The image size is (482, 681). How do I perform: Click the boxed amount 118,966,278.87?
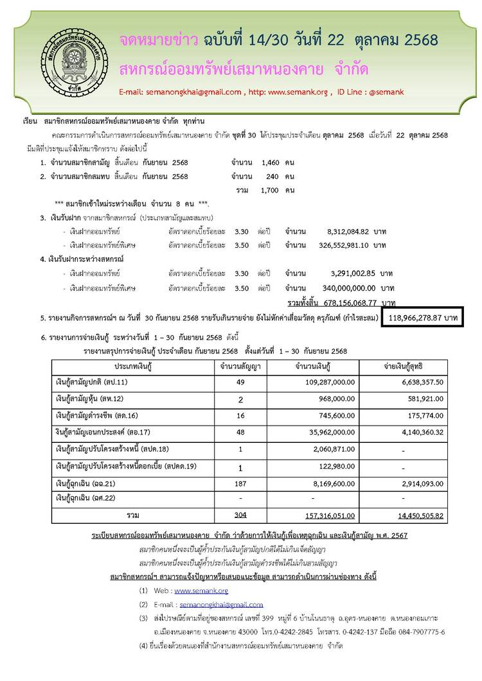click(429, 318)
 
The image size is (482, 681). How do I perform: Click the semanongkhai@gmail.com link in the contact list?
click(221, 604)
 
